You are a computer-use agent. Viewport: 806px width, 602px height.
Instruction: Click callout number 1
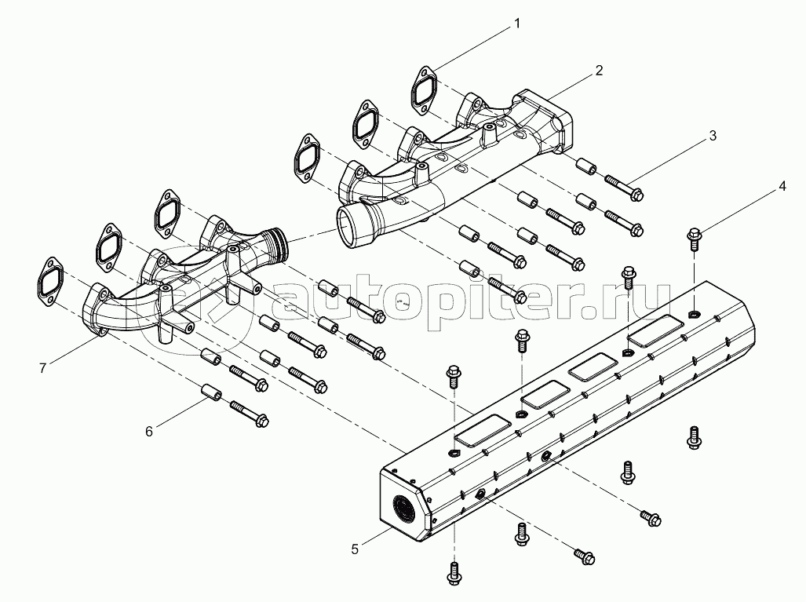[x=517, y=24]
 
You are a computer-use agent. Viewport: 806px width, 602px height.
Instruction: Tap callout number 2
[x=599, y=71]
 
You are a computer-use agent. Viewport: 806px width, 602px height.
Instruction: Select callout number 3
[x=712, y=136]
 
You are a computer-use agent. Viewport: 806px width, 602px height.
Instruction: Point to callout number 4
[x=782, y=187]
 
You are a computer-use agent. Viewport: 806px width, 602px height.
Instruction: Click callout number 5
[x=356, y=549]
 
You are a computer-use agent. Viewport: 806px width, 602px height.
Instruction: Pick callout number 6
[x=149, y=429]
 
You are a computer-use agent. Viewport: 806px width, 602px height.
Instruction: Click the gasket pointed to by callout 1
[x=425, y=88]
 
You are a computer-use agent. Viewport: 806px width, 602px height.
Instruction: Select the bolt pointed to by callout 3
[x=625, y=188]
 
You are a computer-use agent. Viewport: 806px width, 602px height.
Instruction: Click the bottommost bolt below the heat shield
[x=454, y=575]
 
